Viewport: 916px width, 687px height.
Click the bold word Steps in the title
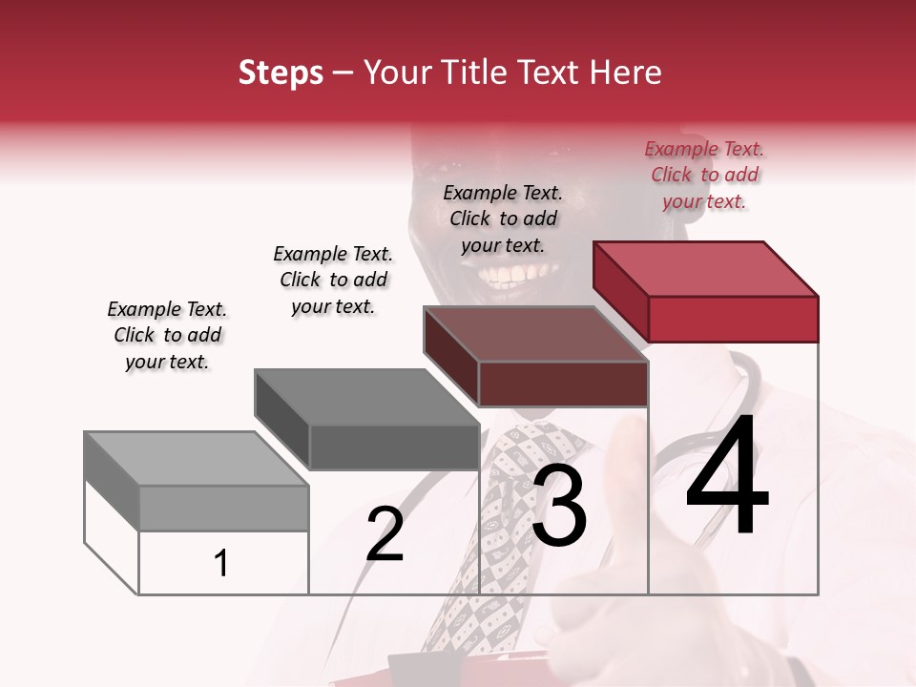[281, 73]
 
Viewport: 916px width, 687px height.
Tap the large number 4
[727, 475]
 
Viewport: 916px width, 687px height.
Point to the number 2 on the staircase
[385, 534]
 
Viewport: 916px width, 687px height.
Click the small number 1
[221, 564]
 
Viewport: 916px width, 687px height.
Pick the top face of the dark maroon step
[534, 334]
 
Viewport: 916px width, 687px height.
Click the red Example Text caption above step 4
[704, 176]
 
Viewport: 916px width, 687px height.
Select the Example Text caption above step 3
[503, 219]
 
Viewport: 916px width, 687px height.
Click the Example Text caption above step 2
[333, 280]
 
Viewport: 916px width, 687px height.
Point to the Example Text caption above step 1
[167, 336]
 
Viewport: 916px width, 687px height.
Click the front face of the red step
[733, 319]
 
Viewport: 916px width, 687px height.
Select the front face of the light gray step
[223, 509]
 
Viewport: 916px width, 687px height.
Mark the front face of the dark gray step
[393, 447]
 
